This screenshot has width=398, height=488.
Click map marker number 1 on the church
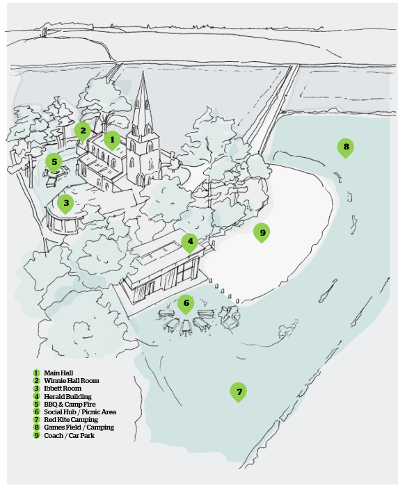112,140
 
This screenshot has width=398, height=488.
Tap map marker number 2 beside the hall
83,131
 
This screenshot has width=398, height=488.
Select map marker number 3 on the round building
65,204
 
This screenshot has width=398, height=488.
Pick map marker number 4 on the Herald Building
190,242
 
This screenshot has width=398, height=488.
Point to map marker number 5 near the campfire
54,163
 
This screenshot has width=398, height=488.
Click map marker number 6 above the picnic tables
186,304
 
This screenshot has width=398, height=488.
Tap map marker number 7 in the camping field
239,392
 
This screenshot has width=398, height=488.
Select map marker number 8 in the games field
346,147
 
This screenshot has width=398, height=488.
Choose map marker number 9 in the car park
262,233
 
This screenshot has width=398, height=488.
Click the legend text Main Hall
58,373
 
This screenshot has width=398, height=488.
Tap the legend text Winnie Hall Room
72,381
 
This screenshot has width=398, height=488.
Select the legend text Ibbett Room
63,389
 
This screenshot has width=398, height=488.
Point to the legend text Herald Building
68,396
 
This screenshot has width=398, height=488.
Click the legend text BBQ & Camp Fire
70,405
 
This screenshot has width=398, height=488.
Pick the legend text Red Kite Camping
71,420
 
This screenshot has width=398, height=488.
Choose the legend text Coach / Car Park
70,435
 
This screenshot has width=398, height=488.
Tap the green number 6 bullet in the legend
37,412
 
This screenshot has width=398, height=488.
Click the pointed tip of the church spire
143,72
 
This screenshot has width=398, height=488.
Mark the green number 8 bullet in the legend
37,428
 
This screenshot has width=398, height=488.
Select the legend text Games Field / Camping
79,428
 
